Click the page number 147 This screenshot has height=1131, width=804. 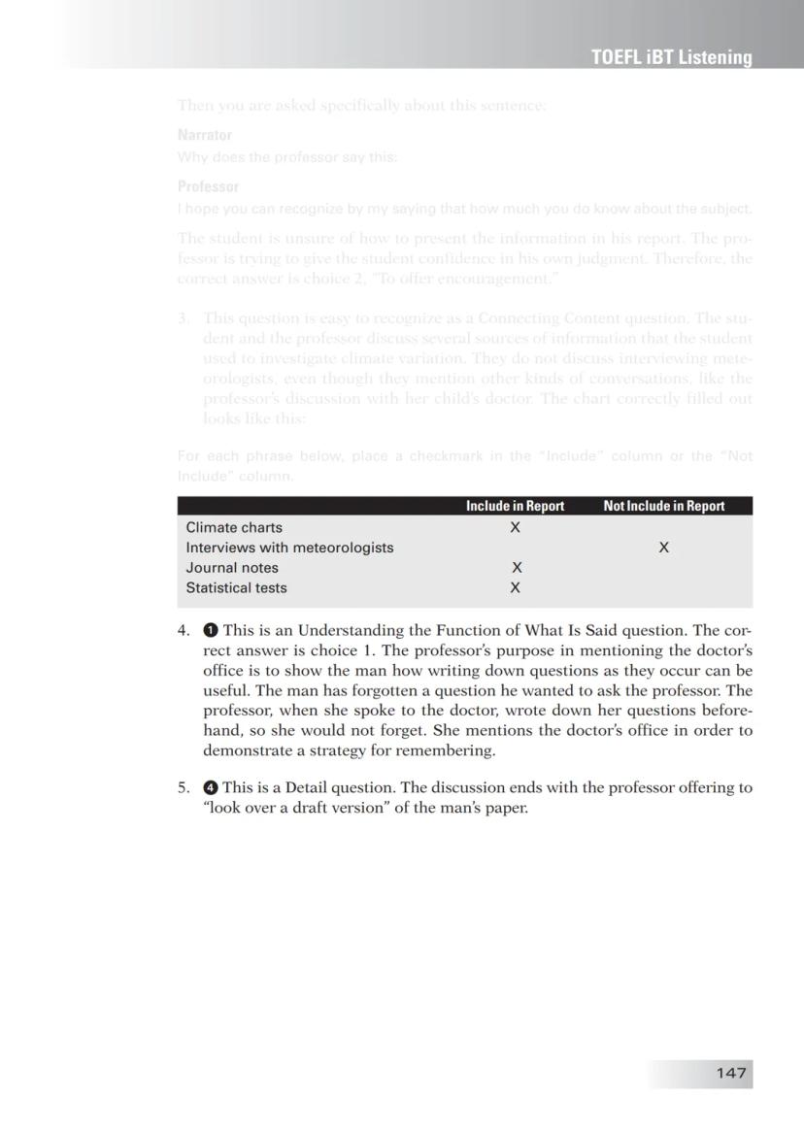(x=731, y=1073)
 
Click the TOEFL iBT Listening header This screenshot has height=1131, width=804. (x=671, y=57)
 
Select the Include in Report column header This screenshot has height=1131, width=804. (x=515, y=506)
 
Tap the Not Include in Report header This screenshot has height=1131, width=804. (x=663, y=506)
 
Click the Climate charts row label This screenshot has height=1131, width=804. (x=234, y=527)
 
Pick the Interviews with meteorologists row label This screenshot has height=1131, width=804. (x=289, y=548)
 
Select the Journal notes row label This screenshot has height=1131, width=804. (x=232, y=568)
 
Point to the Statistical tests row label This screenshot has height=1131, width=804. (x=236, y=587)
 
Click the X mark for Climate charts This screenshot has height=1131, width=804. (x=516, y=527)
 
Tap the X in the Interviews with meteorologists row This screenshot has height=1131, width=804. (x=663, y=548)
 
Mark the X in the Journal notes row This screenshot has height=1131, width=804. (x=517, y=568)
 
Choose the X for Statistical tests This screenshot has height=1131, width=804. (x=516, y=587)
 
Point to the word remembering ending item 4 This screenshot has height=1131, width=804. (x=450, y=750)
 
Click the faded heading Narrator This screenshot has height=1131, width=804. (x=204, y=135)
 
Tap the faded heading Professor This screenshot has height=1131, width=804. (x=208, y=186)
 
